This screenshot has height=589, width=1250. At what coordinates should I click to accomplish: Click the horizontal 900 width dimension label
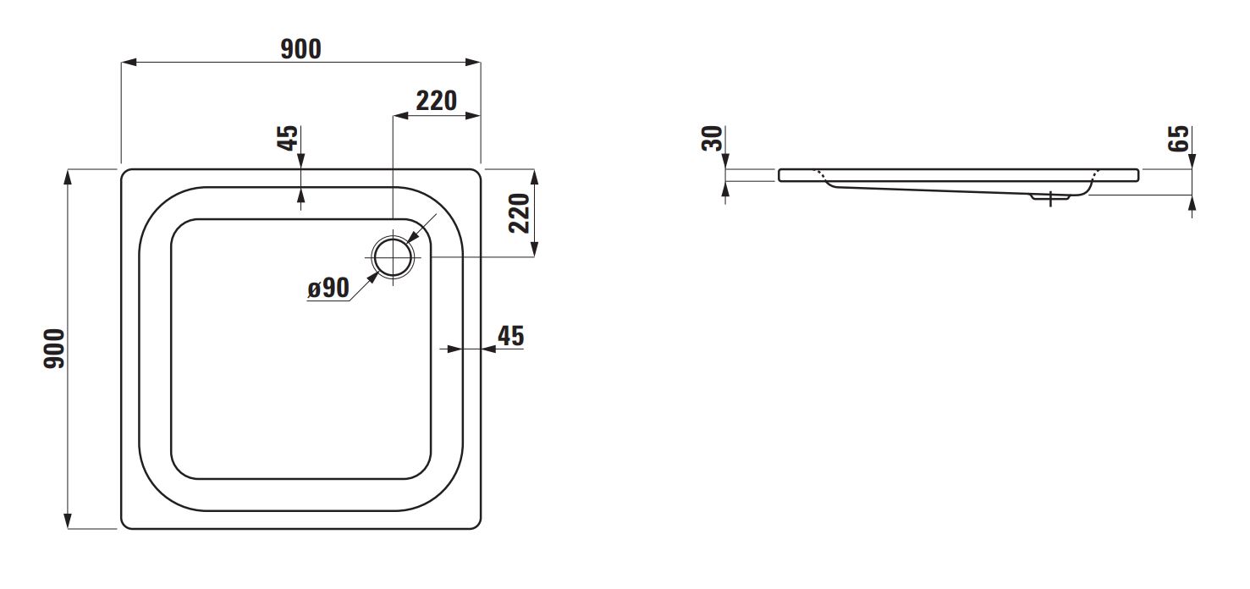pos(300,49)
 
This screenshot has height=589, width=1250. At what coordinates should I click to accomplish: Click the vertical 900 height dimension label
pos(55,349)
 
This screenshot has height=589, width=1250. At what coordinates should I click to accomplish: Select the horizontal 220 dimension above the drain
pos(437,101)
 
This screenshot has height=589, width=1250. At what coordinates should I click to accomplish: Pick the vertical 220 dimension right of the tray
pos(519,213)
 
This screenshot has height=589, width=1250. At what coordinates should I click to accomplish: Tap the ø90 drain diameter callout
pos(328,288)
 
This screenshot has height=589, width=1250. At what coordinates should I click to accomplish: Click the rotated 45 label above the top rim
pos(288,138)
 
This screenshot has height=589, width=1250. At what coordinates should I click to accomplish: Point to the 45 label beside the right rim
pos(510,336)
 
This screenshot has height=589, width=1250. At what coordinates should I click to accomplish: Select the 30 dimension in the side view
pos(712,138)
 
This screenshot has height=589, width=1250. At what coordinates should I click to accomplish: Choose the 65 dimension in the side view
pos(1178,138)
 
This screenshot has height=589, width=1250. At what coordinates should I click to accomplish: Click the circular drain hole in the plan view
pos(393,257)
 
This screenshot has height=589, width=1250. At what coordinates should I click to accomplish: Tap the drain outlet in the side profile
pos(1050,197)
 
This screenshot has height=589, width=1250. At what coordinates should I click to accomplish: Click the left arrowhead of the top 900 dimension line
pos(129,62)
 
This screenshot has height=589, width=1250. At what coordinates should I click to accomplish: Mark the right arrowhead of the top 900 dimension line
pos(473,62)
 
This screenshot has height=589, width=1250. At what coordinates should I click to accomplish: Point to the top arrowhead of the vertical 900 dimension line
pos(68,177)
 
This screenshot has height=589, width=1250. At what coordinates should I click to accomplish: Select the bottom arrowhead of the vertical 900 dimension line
pos(68,520)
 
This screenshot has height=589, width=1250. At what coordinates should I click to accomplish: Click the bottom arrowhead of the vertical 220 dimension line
pos(534,250)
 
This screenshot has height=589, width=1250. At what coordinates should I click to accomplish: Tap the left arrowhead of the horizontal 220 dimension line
pos(400,115)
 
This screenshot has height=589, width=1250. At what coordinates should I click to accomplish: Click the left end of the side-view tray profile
pos(779,175)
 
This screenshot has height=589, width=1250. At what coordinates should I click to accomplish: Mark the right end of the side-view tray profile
pos(1138,175)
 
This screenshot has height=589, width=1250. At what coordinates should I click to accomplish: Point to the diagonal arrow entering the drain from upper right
pos(421,228)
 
